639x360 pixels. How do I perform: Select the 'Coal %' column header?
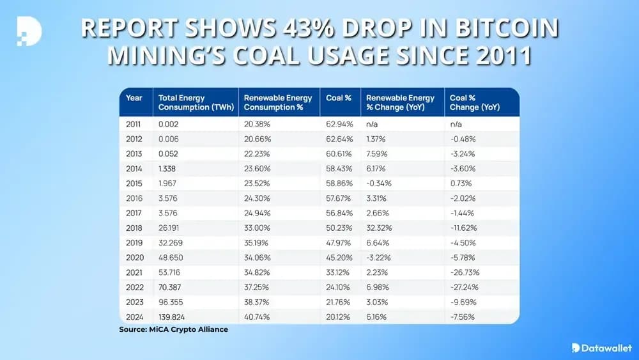point(339,98)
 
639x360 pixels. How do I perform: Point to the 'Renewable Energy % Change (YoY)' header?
point(400,102)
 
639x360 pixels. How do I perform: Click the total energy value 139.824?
point(173,315)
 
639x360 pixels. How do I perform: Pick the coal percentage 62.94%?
point(339,123)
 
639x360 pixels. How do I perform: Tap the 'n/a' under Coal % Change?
point(457,123)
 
